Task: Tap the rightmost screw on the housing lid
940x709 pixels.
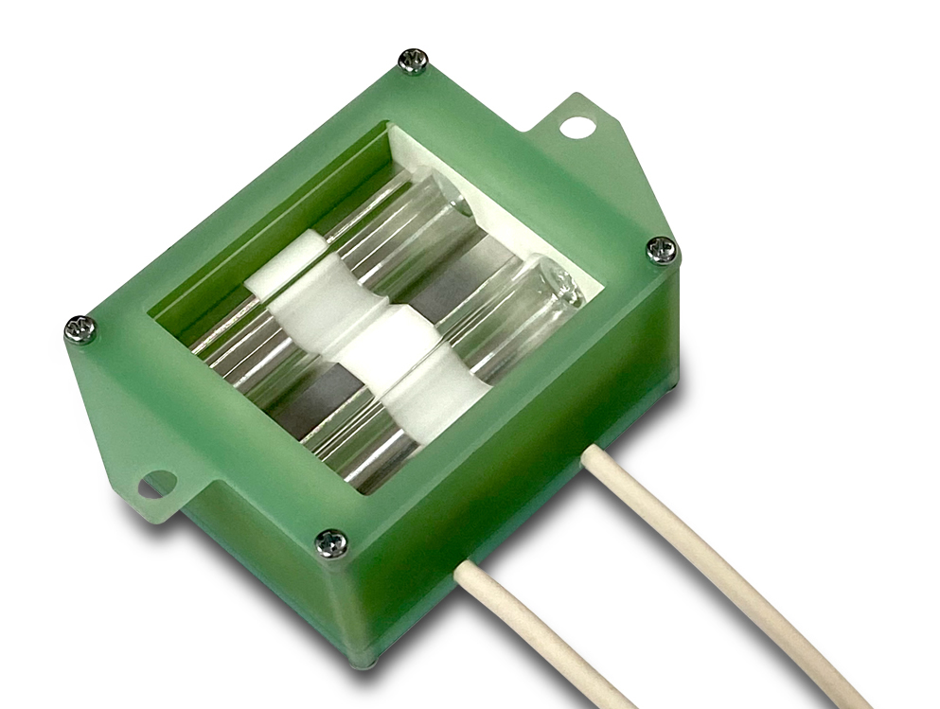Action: click(662, 250)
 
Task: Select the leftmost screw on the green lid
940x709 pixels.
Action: click(80, 329)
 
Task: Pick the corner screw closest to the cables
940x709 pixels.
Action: click(331, 543)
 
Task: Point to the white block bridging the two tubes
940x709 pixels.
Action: click(384, 345)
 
